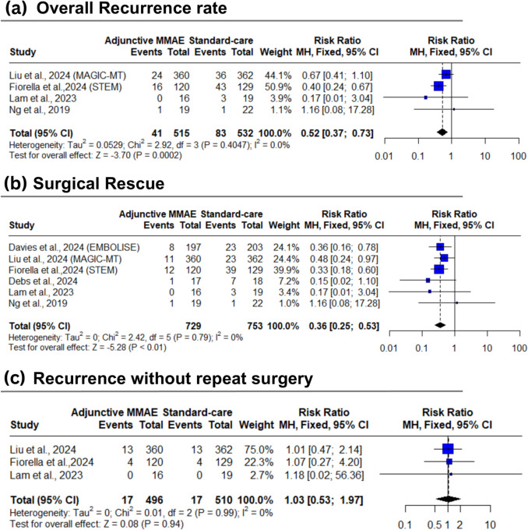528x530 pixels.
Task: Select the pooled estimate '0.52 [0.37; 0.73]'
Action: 342,132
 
